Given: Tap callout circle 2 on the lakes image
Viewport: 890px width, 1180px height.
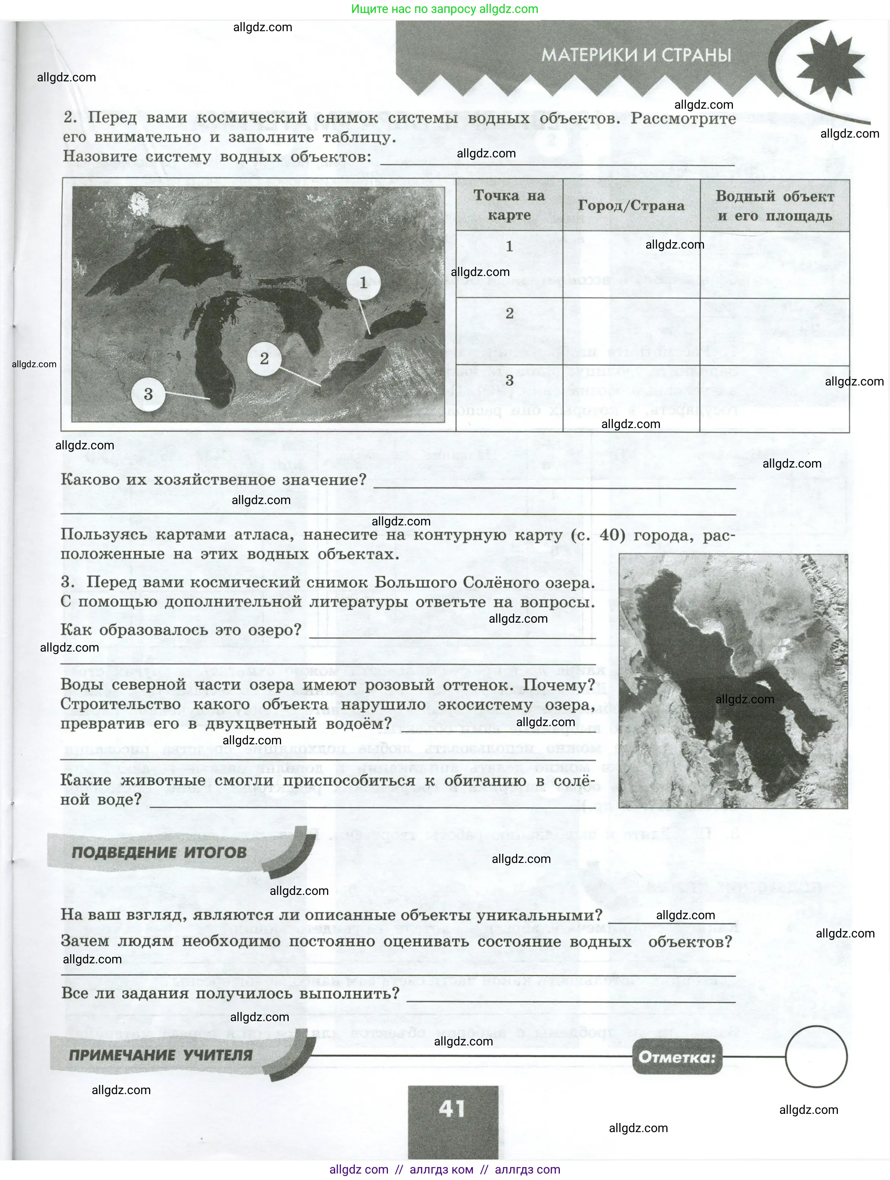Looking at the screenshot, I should [x=264, y=358].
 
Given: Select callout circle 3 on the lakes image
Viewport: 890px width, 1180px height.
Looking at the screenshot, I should [x=148, y=394].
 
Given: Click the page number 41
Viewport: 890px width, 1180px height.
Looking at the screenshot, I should [x=452, y=1109].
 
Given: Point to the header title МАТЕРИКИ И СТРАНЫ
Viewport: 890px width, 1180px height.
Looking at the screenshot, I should [x=636, y=55].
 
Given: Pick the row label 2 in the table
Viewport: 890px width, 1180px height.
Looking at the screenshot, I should [x=510, y=314].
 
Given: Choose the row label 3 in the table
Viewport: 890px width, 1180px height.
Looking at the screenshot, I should [x=510, y=381].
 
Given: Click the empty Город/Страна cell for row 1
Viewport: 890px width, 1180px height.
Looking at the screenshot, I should [x=631, y=265].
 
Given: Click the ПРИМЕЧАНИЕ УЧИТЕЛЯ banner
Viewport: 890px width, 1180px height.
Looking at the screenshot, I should [x=161, y=1055].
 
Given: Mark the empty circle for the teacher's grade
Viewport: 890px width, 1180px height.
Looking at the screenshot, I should [x=816, y=1057].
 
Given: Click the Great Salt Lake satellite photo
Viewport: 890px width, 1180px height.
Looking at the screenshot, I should [x=733, y=681].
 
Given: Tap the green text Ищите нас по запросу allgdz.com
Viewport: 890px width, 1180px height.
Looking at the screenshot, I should [x=445, y=9].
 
